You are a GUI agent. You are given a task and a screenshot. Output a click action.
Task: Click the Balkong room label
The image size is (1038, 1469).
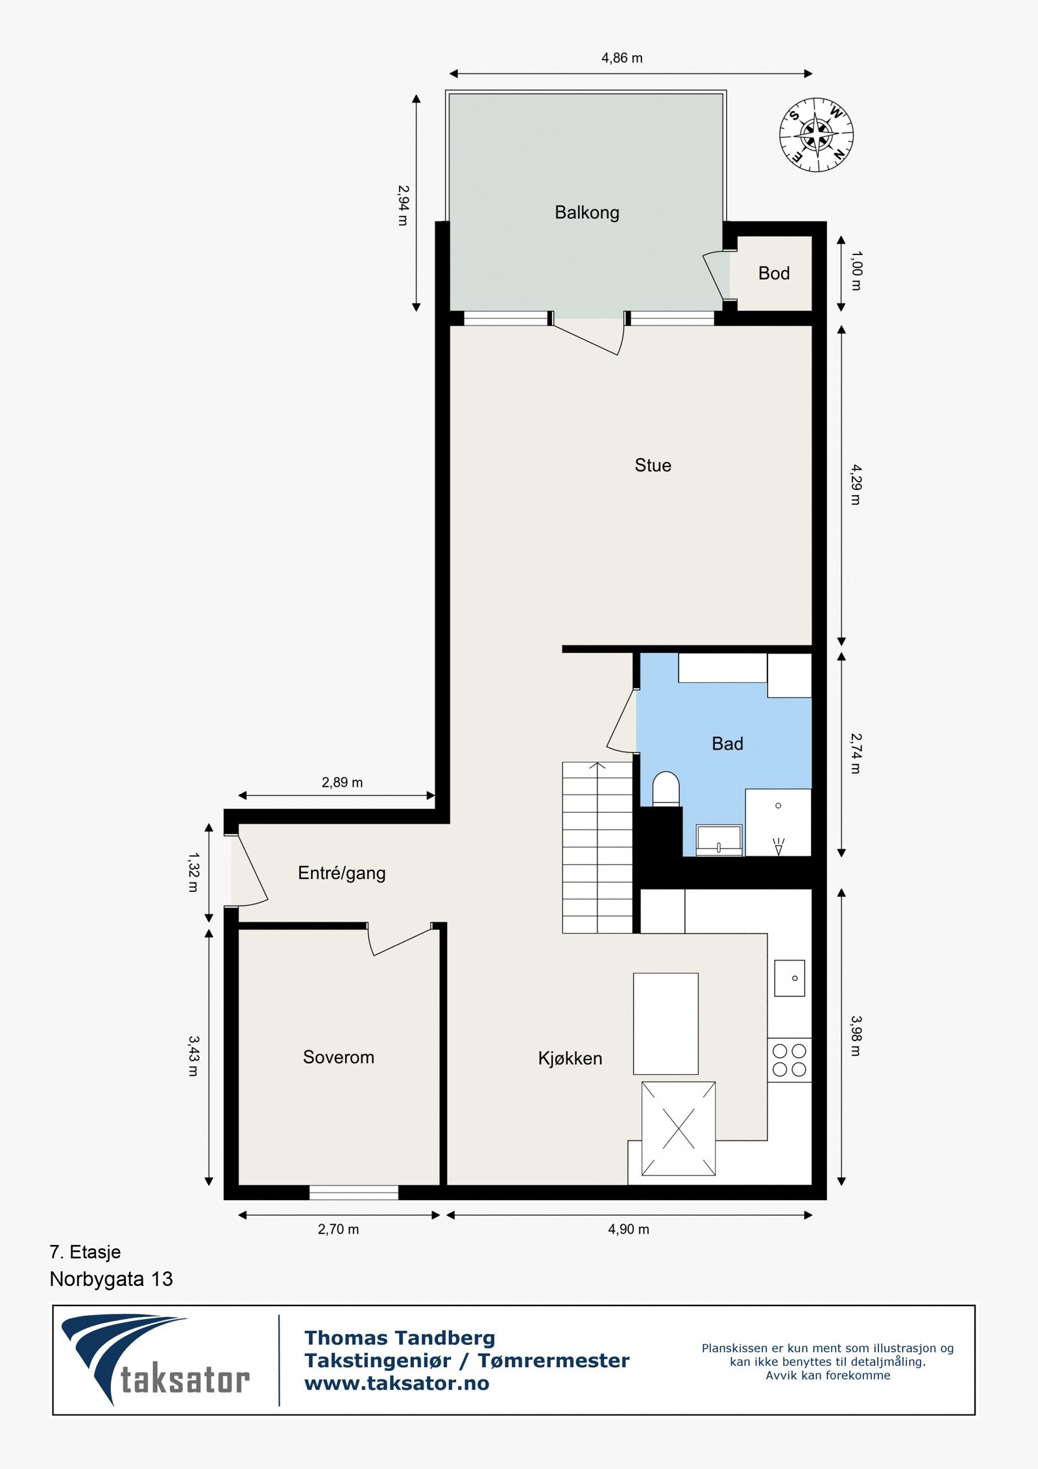(586, 213)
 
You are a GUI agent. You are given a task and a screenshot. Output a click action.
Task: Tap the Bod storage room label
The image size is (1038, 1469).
(773, 273)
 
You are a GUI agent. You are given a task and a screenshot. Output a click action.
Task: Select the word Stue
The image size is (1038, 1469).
(653, 465)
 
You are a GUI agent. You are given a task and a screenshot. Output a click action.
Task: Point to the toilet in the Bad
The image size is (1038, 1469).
(665, 788)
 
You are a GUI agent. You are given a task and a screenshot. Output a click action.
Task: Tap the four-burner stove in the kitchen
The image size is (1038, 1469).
(789, 1060)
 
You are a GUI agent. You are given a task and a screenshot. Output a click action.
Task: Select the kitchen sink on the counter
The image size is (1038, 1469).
(789, 978)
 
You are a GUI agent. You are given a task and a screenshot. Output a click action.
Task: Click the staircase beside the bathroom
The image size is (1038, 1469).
(597, 848)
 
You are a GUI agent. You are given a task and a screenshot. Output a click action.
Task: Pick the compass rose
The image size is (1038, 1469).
(815, 135)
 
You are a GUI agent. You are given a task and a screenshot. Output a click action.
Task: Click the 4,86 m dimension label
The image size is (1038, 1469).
(622, 58)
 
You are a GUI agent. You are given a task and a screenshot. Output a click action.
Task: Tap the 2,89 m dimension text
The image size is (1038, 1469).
(342, 783)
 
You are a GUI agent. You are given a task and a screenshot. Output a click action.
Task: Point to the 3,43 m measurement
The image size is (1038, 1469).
(193, 1056)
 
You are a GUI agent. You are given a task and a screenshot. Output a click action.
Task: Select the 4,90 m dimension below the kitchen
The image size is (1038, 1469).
(628, 1229)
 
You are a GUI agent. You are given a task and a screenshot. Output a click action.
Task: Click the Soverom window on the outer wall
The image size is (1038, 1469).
(353, 1192)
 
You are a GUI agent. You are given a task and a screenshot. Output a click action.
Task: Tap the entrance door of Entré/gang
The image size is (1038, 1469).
(250, 870)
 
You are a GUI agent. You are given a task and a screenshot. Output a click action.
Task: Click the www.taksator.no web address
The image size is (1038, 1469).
(396, 1383)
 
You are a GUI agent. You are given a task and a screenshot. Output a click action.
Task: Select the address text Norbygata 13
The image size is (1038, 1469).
(111, 1279)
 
